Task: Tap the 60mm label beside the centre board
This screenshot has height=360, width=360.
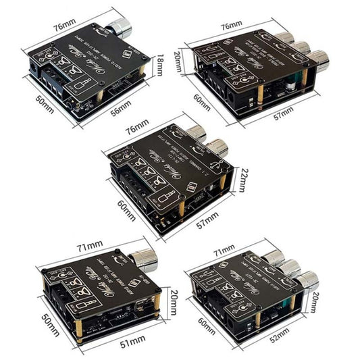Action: [x=125, y=200]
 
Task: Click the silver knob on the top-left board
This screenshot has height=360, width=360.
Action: [x=124, y=28]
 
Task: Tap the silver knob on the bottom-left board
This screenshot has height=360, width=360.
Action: [x=147, y=259]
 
